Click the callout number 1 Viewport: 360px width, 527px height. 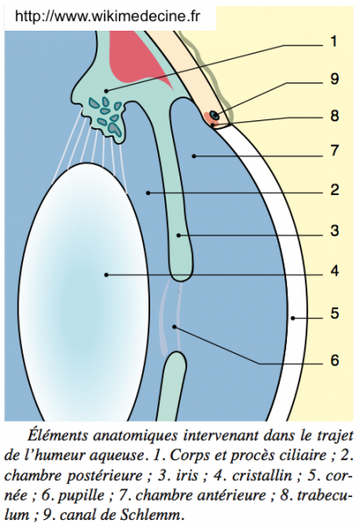[334, 41]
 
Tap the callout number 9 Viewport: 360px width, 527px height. [335, 79]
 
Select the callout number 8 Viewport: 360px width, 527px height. [335, 116]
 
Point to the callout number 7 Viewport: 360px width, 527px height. [335, 150]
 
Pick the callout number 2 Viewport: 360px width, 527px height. [335, 191]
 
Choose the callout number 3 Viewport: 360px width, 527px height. [335, 231]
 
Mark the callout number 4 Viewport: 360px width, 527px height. [335, 271]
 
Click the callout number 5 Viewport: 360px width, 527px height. [335, 314]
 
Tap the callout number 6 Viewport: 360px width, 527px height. [335, 360]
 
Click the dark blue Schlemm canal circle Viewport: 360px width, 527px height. [214, 115]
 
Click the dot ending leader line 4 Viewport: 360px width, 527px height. [106, 275]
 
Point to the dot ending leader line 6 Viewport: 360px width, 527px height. [174, 327]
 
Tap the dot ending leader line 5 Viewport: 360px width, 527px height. [292, 318]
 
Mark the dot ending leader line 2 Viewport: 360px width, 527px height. [148, 192]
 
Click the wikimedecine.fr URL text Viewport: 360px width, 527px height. [108, 16]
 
